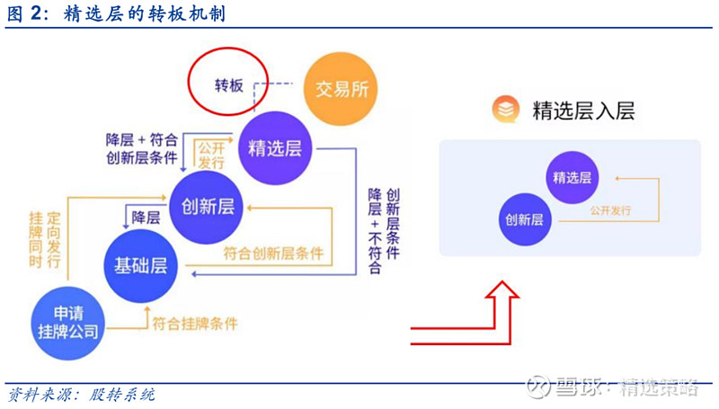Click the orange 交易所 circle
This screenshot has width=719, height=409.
(x=341, y=89)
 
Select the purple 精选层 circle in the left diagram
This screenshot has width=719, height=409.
(x=275, y=148)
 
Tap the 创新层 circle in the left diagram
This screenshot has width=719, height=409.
(x=207, y=208)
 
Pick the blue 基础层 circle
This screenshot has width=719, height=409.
(x=140, y=266)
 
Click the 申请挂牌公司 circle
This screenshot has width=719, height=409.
(x=68, y=324)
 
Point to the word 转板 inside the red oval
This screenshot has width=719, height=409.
(x=229, y=85)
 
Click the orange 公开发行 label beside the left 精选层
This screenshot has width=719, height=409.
(x=211, y=155)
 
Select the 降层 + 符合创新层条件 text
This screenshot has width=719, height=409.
(x=142, y=148)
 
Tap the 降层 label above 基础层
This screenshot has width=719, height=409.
(x=146, y=218)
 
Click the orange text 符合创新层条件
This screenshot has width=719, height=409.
(x=273, y=253)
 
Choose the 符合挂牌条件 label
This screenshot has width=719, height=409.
(x=195, y=324)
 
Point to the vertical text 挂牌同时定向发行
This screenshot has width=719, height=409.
(x=44, y=239)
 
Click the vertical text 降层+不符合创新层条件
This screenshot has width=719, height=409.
(x=384, y=231)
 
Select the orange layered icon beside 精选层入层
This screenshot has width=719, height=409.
(x=506, y=109)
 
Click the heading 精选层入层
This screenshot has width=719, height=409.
(x=583, y=111)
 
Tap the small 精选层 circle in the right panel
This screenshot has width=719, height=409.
(x=573, y=177)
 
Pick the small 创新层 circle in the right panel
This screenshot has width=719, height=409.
(x=525, y=219)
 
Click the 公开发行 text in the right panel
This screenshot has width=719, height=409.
(x=610, y=210)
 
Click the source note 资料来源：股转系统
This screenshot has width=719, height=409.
(x=82, y=395)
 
